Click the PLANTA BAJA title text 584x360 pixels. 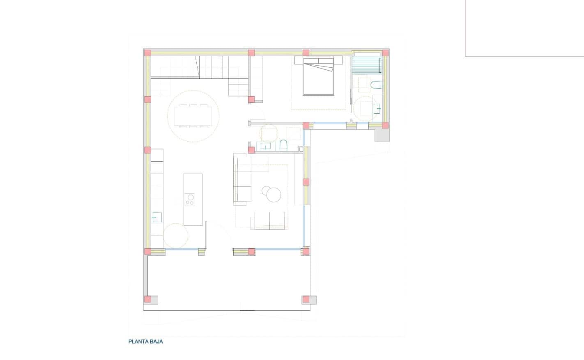click(x=145, y=342)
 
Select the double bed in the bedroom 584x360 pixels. click(x=317, y=77)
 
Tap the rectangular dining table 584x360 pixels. click(x=193, y=116)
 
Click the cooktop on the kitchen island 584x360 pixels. click(x=189, y=199)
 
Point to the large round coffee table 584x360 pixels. click(x=274, y=195)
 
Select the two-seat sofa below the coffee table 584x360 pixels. click(x=269, y=220)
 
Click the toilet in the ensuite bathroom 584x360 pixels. click(x=375, y=85)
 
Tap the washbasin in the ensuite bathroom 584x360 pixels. click(x=377, y=109)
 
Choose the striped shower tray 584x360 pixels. click(x=366, y=65)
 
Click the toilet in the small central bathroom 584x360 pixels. click(x=283, y=145)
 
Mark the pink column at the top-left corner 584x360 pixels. click(x=147, y=53)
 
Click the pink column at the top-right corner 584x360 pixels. click(x=385, y=53)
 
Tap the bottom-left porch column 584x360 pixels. click(x=147, y=299)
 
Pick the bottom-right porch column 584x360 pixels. click(x=306, y=299)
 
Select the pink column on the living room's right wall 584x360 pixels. click(x=306, y=182)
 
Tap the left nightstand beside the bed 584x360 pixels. click(x=298, y=61)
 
